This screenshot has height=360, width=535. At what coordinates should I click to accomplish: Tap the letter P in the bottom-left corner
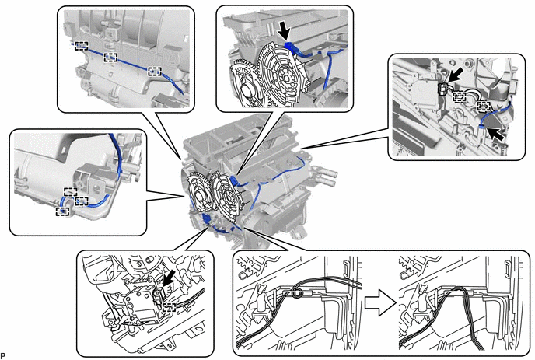(4, 355)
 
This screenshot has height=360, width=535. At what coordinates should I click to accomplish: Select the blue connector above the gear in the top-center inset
(292, 47)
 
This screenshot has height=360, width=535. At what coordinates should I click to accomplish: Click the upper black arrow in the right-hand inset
(458, 77)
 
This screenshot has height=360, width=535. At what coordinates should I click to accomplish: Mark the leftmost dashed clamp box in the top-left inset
(79, 46)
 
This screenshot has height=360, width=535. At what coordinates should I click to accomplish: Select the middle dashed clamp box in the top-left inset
(110, 58)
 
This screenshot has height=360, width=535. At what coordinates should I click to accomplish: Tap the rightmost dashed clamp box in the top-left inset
(155, 71)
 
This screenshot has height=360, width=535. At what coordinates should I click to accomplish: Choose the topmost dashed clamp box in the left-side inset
(70, 190)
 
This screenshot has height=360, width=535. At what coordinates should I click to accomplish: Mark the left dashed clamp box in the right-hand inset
(460, 96)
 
